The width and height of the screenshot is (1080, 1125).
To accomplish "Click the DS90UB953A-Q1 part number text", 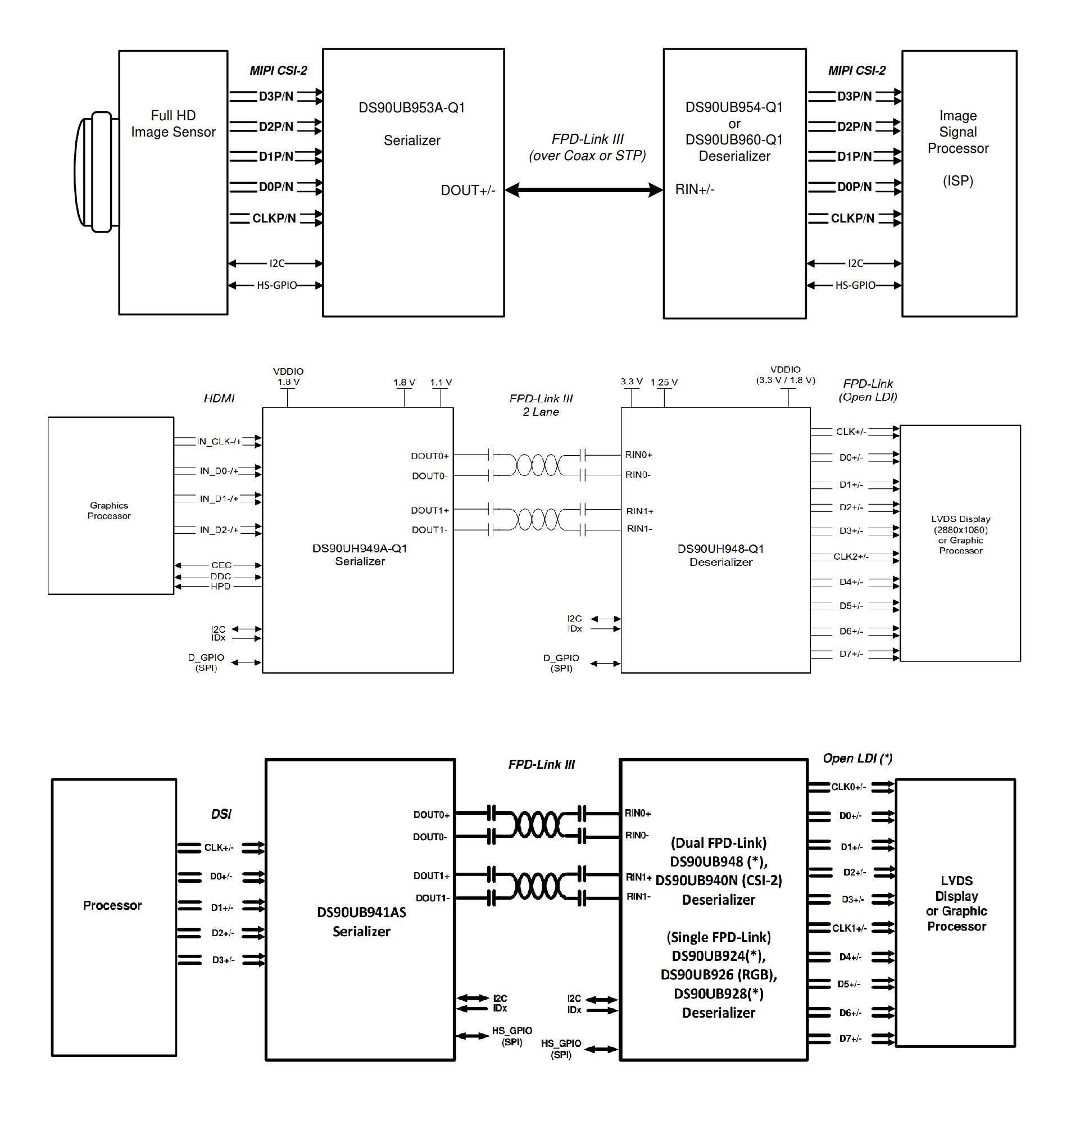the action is (411, 108).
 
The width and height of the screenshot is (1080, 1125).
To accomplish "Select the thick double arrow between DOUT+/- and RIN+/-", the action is (584, 190).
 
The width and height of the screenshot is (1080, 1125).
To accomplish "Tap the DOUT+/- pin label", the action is (467, 190).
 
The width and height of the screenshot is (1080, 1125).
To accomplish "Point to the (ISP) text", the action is (957, 181).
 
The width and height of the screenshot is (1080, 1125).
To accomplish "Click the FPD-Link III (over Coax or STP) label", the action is (587, 148).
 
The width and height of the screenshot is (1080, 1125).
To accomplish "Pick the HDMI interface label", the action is (219, 398).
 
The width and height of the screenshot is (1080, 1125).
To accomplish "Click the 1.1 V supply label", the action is (441, 382).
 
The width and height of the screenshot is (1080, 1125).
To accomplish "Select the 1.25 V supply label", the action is (664, 382).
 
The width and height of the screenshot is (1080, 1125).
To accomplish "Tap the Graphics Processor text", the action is (109, 510).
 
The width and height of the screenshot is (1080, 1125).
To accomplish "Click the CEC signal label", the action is (221, 565).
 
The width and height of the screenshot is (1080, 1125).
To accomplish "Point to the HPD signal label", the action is (220, 586).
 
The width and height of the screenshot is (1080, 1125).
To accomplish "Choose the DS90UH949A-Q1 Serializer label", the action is (360, 555).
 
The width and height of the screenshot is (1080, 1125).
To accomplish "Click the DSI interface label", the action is (221, 814).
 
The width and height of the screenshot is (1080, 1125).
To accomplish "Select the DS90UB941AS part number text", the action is (361, 912).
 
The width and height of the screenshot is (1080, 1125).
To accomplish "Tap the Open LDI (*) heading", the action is (857, 758).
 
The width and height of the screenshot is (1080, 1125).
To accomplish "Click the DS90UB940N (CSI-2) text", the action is (719, 880).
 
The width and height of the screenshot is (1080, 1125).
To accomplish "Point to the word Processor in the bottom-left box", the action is (112, 905).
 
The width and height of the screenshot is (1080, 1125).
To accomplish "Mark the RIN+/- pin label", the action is (695, 189).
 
